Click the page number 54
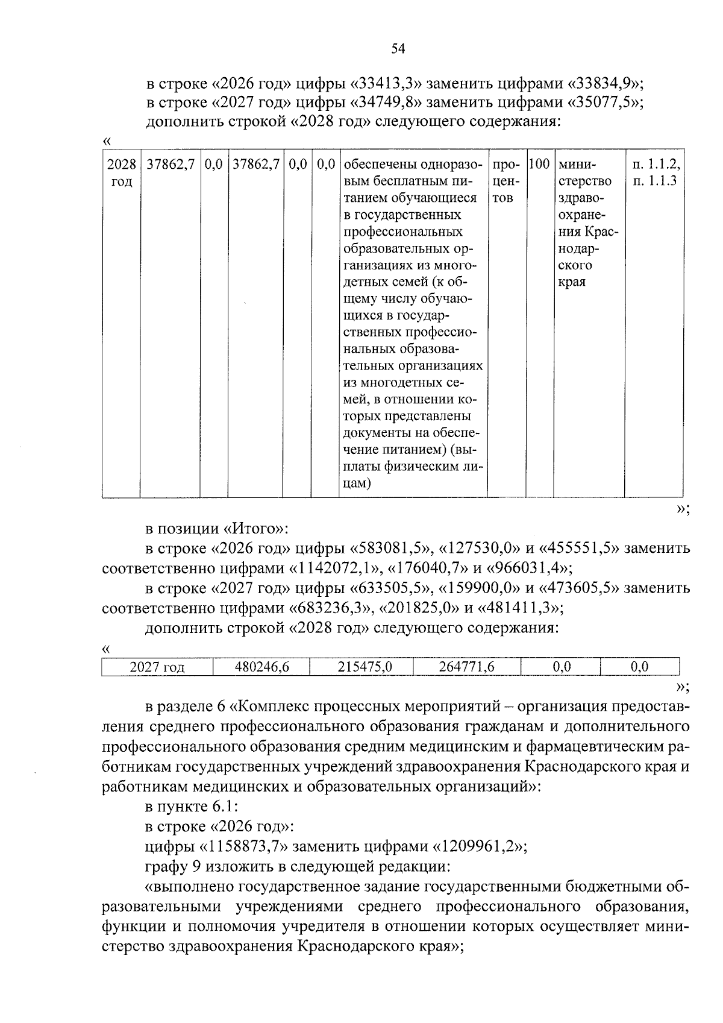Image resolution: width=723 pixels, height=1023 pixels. tap(397, 49)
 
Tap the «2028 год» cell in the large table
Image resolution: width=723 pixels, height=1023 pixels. tap(121, 172)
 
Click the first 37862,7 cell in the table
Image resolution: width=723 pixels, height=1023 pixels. tap(171, 165)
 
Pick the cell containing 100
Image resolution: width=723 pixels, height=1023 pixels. tap(539, 164)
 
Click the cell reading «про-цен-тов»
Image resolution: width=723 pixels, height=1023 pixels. tap(506, 181)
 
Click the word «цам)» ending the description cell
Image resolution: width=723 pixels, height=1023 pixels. tap(356, 483)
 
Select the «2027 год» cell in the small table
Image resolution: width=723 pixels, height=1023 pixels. tap(157, 667)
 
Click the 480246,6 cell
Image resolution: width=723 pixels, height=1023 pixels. tap(261, 667)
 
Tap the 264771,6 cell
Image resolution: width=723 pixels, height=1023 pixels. tap(467, 667)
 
